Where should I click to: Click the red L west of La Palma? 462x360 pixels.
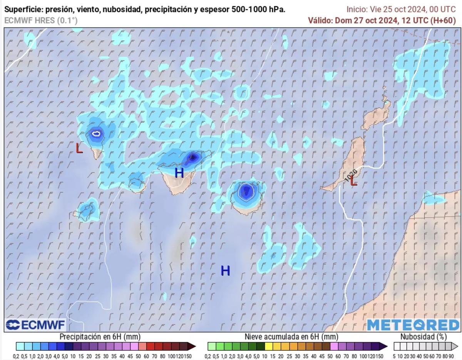coord(79,148)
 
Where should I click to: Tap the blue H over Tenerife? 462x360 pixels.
coord(179,173)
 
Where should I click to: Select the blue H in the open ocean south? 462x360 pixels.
coord(225,271)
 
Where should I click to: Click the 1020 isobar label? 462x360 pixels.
coord(351,175)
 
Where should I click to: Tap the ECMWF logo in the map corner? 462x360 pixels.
coord(35,325)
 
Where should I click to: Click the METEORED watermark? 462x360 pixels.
coord(413,325)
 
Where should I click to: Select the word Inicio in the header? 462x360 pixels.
coord(356,10)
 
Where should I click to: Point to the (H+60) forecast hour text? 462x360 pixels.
coord(443,20)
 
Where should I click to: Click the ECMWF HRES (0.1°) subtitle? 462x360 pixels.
coord(41,20)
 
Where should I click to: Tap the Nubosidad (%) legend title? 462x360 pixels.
coord(423,337)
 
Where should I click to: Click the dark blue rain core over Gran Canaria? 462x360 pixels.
coord(245,191)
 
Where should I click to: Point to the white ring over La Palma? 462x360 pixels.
coord(96,134)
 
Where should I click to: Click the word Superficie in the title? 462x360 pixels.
coord(22,10)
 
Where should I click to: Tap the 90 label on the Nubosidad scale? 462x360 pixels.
coord(455,357)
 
